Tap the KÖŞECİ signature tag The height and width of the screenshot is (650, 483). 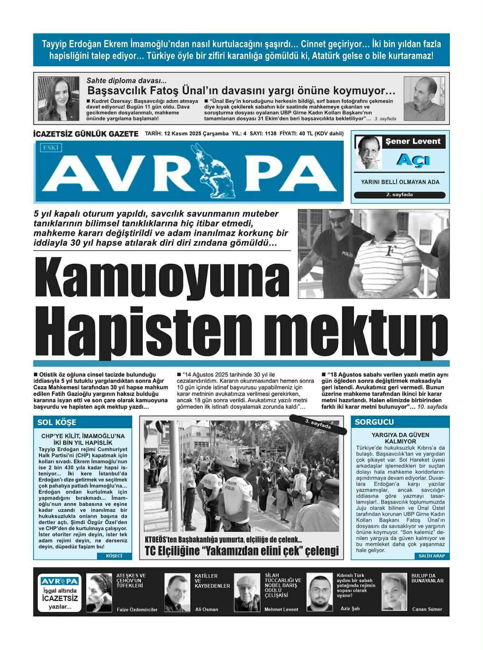point(114,556)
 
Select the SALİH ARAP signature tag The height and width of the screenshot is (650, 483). point(432,556)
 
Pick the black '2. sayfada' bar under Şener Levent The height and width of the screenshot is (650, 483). point(399,195)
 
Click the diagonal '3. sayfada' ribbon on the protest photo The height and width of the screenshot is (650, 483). point(318,424)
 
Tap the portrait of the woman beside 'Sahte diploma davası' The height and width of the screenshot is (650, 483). point(54,99)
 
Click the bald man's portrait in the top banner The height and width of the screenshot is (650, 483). point(419,99)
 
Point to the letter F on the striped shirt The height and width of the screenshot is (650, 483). point(390,251)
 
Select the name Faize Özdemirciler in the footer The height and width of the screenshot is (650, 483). point(137,609)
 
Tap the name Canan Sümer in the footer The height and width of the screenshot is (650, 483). point(427,609)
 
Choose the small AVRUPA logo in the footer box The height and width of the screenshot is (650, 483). point(59,581)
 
